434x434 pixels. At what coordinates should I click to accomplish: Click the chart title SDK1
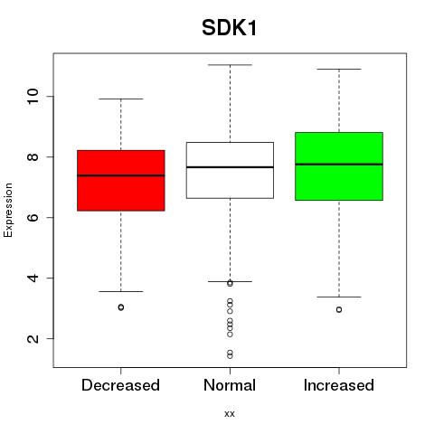click(230, 28)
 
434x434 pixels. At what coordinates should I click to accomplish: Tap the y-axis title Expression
click(8, 210)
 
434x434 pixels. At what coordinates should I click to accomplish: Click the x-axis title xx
click(230, 414)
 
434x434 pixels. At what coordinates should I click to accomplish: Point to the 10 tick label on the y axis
click(33, 97)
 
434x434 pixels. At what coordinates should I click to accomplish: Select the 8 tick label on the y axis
click(33, 156)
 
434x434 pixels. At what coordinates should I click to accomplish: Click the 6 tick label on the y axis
click(33, 217)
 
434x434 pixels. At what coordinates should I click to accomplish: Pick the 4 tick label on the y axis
click(33, 278)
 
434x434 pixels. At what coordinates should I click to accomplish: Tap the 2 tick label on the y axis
click(33, 338)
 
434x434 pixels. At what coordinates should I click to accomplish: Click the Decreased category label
click(120, 385)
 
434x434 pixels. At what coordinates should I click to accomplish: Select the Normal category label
click(230, 385)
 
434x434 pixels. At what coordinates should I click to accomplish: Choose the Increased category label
click(339, 385)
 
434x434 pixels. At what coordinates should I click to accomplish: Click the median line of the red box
click(121, 175)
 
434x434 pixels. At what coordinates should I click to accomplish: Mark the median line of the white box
click(230, 167)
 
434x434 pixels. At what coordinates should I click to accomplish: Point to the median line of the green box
click(339, 165)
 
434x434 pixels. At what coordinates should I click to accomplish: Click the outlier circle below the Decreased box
click(121, 307)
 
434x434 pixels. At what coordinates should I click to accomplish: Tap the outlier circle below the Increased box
click(339, 309)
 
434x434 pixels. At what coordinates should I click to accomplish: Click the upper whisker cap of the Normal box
click(230, 65)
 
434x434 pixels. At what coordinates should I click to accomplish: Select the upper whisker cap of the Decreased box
click(121, 99)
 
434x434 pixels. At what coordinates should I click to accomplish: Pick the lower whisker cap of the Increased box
click(339, 297)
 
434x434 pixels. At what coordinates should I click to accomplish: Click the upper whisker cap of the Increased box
click(339, 69)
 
